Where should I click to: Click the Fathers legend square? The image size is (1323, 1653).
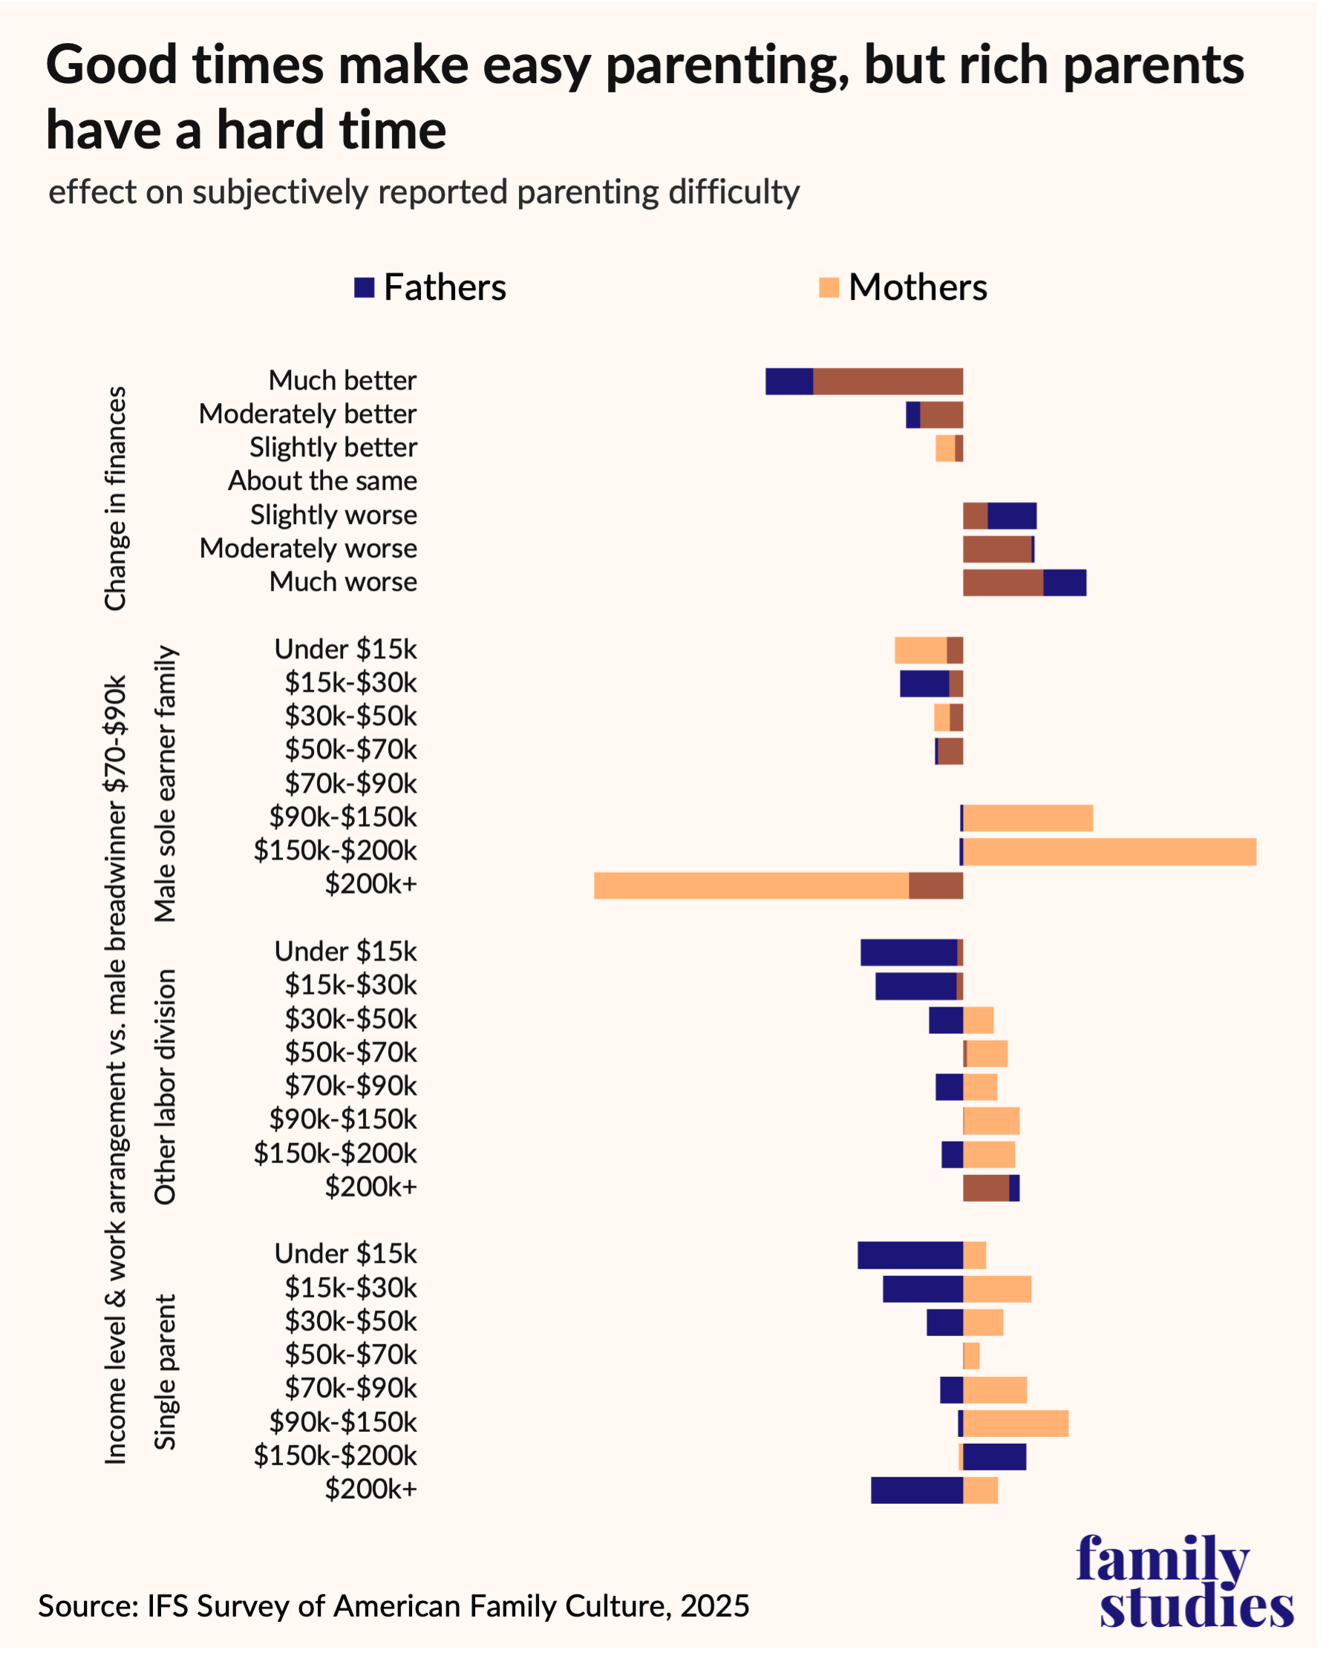click(x=364, y=287)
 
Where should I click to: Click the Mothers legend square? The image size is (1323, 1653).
click(x=829, y=287)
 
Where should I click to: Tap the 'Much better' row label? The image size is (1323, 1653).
click(x=342, y=380)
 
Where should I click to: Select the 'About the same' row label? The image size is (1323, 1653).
click(x=322, y=481)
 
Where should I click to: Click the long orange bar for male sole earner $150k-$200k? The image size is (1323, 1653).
click(x=1109, y=852)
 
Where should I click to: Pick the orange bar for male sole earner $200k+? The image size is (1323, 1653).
click(x=751, y=886)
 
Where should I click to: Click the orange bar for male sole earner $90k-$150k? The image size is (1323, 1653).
click(x=1028, y=818)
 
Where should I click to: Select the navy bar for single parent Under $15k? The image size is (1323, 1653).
click(x=909, y=1255)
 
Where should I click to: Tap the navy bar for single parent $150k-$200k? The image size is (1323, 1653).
click(x=994, y=1457)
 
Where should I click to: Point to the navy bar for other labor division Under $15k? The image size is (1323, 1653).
click(x=908, y=952)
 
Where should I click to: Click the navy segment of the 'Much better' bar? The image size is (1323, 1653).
click(x=788, y=381)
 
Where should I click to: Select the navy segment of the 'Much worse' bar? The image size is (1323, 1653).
click(x=1064, y=583)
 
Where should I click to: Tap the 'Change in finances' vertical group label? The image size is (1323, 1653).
click(x=115, y=498)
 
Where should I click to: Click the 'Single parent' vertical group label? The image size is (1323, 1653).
click(x=165, y=1372)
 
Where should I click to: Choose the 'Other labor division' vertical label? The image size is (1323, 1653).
click(x=165, y=1087)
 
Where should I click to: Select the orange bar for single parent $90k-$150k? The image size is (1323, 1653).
click(x=1016, y=1423)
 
